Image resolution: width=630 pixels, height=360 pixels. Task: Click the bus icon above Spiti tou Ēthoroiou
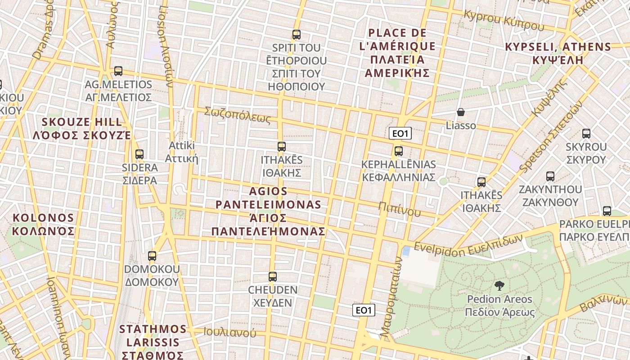pyautogui.click(x=296, y=35)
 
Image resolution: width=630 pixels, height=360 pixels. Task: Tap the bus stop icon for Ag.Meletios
pyautogui.click(x=118, y=71)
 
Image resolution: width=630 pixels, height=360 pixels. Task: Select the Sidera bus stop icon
pyautogui.click(x=139, y=154)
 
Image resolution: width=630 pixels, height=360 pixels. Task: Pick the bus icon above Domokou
pyautogui.click(x=152, y=256)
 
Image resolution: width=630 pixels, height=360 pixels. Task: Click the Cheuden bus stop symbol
pyautogui.click(x=272, y=277)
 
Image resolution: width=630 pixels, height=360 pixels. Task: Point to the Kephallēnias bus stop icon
pyautogui.click(x=398, y=151)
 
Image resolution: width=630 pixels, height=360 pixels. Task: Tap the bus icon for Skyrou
pyautogui.click(x=586, y=134)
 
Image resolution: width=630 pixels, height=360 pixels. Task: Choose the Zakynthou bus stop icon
pyautogui.click(x=550, y=176)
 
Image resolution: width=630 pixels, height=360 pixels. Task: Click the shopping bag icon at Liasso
pyautogui.click(x=460, y=112)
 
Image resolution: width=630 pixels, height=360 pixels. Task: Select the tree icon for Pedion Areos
pyautogui.click(x=499, y=285)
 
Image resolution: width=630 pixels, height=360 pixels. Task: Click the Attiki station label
pyautogui.click(x=181, y=152)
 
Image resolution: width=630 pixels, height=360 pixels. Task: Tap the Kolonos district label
pyautogui.click(x=43, y=225)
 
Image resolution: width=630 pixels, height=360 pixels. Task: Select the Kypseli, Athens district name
pyautogui.click(x=558, y=53)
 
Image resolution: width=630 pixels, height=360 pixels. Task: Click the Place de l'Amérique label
pyautogui.click(x=397, y=53)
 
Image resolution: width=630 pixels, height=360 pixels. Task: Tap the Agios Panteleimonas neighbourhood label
pyautogui.click(x=269, y=211)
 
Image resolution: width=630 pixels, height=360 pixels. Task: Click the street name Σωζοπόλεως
pyautogui.click(x=237, y=115)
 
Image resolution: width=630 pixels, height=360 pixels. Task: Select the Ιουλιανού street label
pyautogui.click(x=229, y=333)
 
